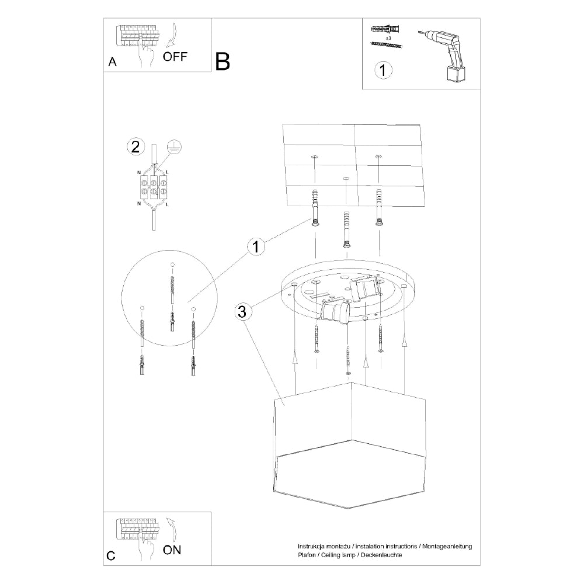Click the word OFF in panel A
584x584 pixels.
click(x=175, y=57)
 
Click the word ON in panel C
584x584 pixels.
click(x=172, y=549)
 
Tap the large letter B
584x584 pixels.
click(x=223, y=61)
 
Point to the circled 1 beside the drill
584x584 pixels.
click(x=383, y=71)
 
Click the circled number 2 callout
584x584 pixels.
click(x=135, y=147)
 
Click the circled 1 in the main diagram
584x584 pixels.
click(x=255, y=246)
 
